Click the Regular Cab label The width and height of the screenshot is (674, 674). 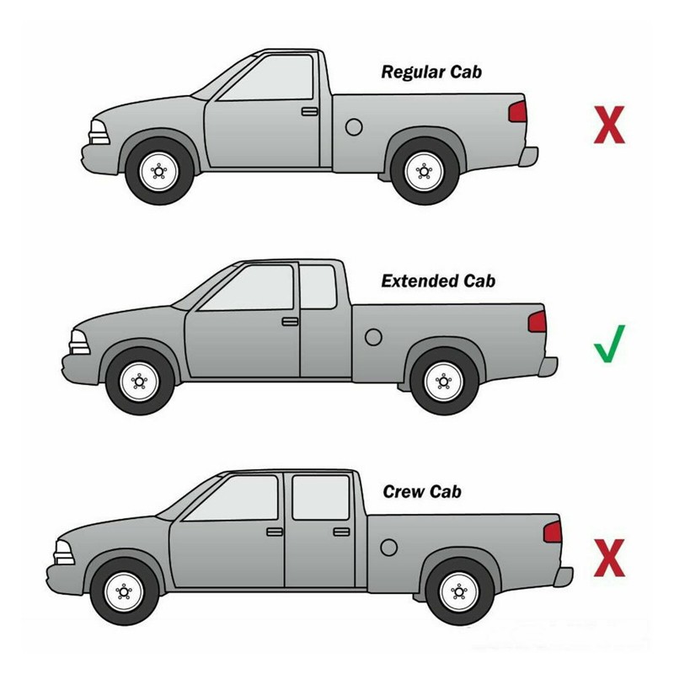tap(431, 72)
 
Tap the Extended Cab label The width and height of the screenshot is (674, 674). tap(438, 281)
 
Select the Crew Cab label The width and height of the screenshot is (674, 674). tap(422, 492)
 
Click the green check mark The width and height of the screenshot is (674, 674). tap(609, 344)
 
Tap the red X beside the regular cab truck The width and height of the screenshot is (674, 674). tap(609, 125)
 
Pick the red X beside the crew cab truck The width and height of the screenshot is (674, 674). tap(609, 558)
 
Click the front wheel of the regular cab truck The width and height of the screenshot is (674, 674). tap(159, 171)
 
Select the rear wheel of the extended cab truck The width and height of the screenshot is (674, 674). tap(444, 382)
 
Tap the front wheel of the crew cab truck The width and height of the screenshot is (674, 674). tap(124, 592)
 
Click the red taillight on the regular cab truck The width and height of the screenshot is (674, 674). tap(517, 112)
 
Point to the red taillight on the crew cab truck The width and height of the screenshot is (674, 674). tap(553, 532)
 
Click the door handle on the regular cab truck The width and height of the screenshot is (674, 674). tap(309, 112)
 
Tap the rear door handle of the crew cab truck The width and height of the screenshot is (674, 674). tap(341, 532)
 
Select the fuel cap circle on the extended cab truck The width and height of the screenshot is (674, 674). tap(373, 338)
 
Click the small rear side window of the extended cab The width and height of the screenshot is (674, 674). tap(318, 286)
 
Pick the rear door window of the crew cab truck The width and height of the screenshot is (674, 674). tap(321, 497)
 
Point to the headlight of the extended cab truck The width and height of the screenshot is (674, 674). tap(80, 343)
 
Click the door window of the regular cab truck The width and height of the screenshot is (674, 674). tap(266, 78)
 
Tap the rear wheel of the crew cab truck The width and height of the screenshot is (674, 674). tap(459, 592)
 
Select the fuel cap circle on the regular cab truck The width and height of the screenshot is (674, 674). tap(354, 127)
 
